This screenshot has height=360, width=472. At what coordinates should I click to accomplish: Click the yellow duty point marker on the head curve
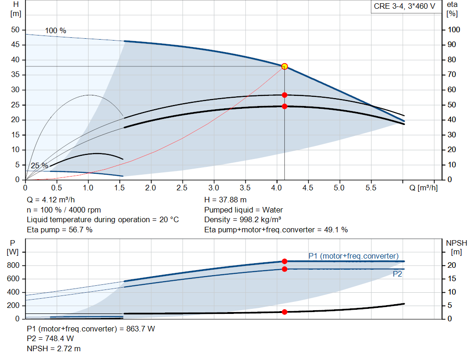pos(284,66)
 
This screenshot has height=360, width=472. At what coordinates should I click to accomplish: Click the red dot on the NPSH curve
pos(284,312)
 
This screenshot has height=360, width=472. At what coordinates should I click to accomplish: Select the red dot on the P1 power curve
pos(284,261)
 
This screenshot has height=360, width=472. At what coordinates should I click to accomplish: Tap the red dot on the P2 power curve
pos(284,269)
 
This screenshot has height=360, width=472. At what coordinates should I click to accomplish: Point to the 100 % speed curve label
pos(55,31)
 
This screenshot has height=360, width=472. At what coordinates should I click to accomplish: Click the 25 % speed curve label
pos(39,165)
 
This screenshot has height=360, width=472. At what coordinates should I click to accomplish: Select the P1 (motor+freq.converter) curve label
pos(353,256)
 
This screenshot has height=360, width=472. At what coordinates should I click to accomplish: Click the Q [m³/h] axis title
pos(423,188)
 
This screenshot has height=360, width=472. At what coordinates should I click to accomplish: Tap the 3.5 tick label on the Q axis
pos(245,188)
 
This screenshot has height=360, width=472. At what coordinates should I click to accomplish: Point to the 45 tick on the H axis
pos(15,45)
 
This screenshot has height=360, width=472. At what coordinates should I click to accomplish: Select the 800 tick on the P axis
pos(13,266)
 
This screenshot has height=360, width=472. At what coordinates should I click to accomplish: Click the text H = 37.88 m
pos(225,200)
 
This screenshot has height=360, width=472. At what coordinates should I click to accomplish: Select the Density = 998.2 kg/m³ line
pos(243,219)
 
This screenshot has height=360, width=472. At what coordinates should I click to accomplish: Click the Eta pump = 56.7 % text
pos(59,230)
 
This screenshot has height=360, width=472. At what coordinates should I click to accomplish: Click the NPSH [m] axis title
pos(456,247)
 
